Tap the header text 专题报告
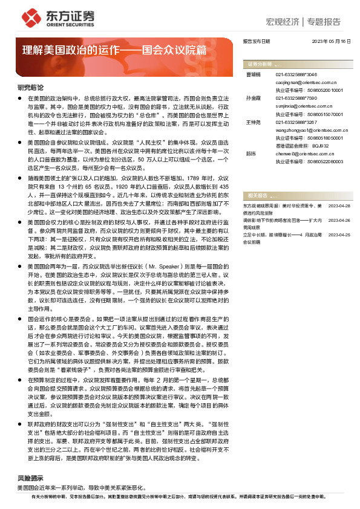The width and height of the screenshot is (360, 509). pos(324,22)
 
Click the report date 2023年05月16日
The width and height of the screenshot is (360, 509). pos(330,42)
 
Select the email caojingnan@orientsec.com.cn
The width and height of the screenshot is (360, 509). pos(301,81)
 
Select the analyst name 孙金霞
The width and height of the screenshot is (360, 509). pos(253,97)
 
